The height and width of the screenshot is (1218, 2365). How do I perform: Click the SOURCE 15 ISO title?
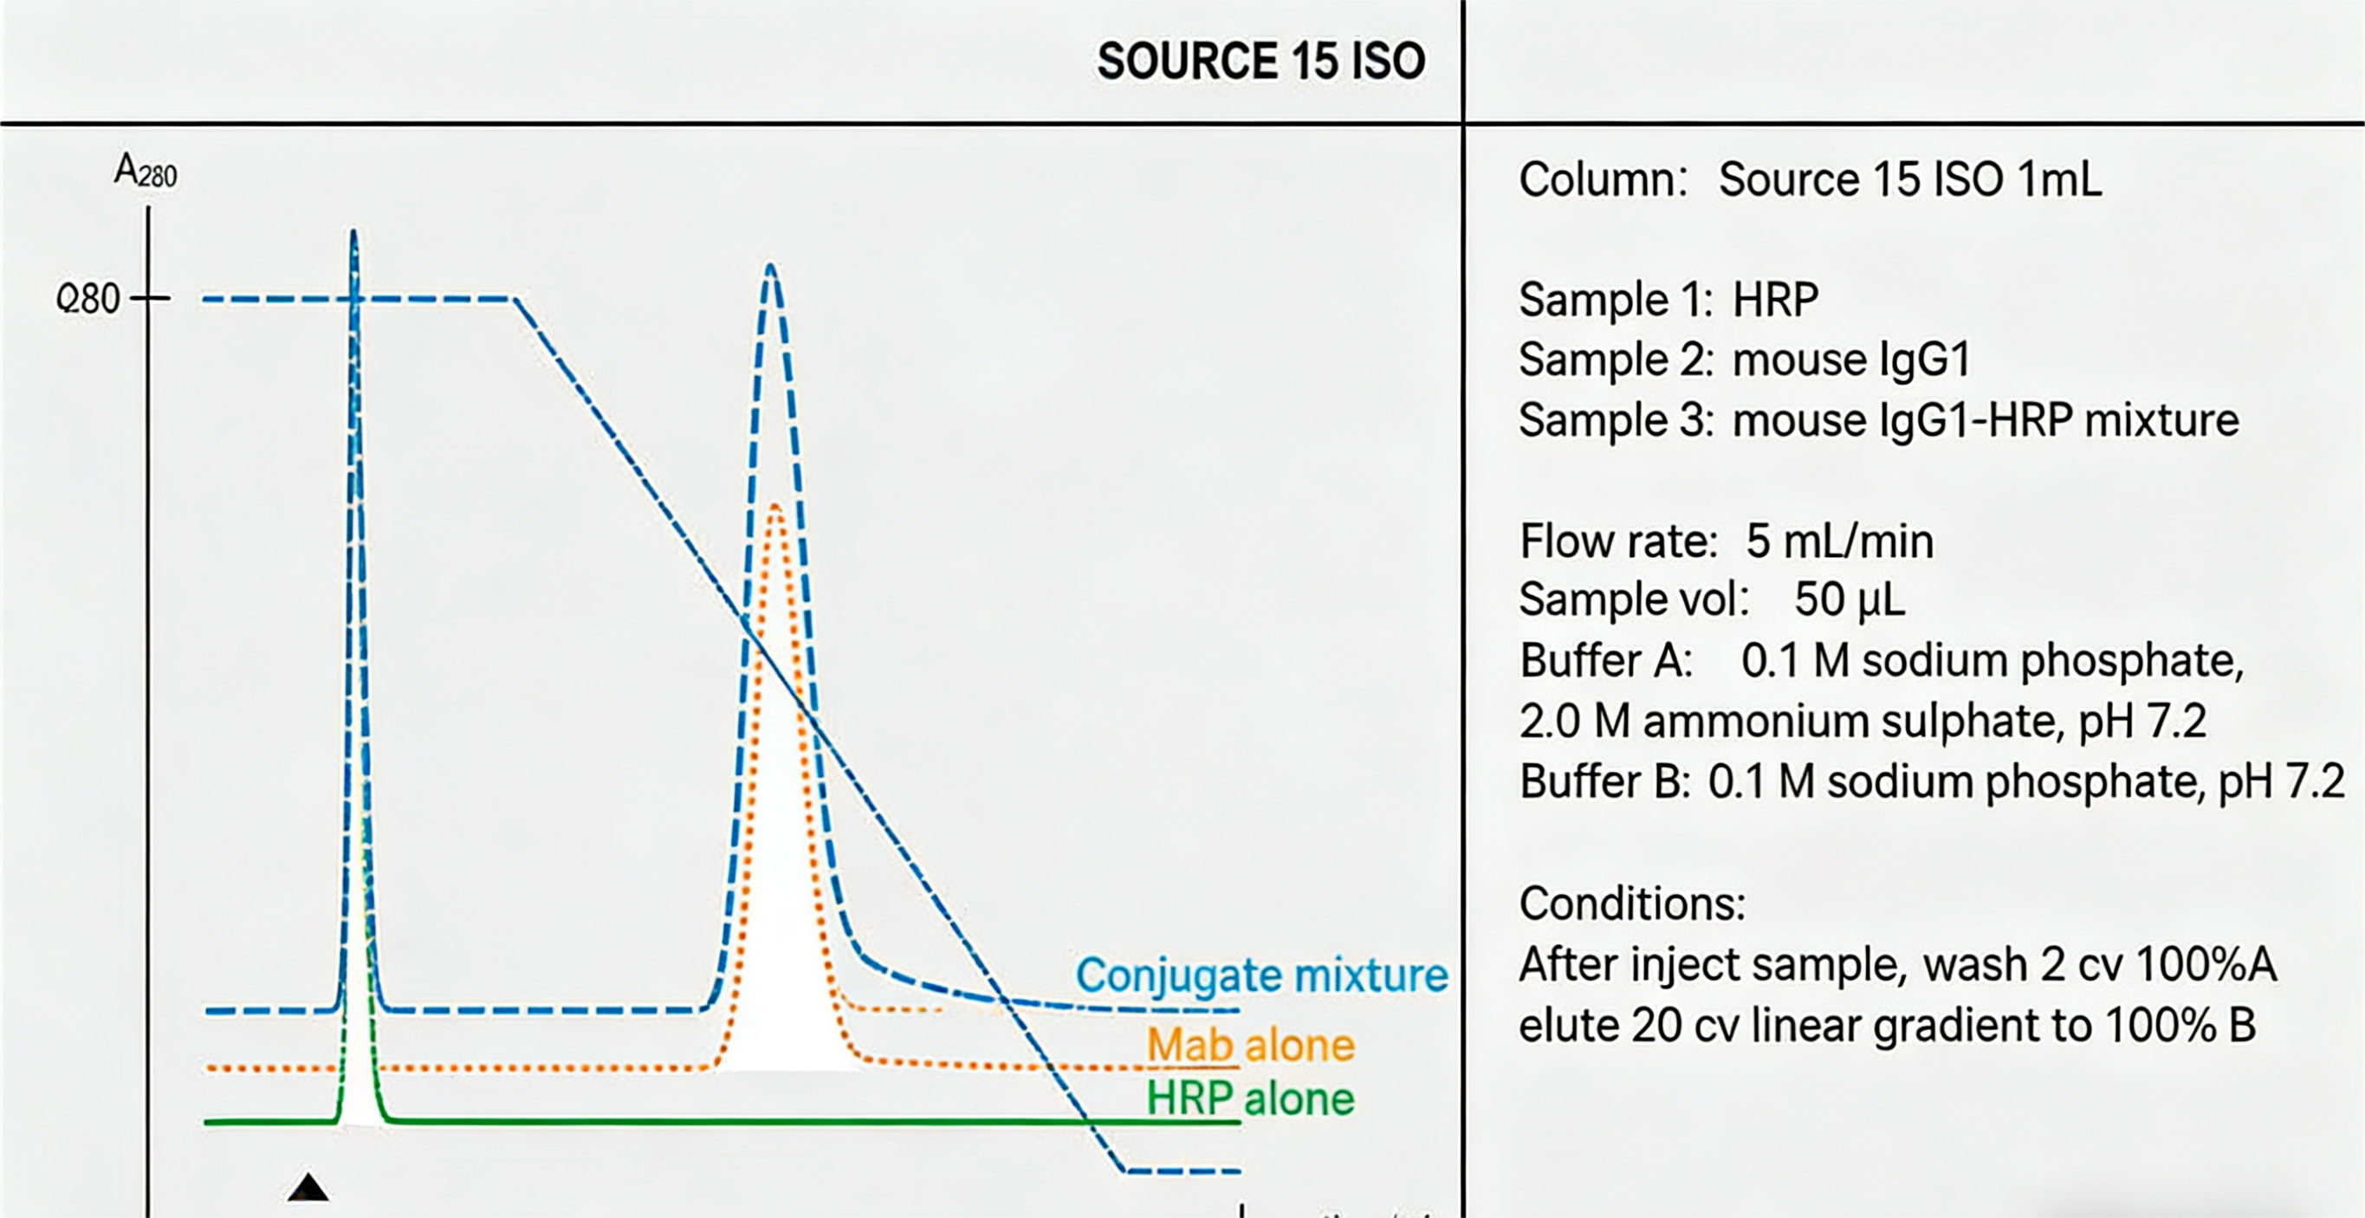[1260, 62]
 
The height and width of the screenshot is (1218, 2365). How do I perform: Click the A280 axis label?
[145, 172]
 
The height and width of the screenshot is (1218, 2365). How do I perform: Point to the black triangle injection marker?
[308, 1188]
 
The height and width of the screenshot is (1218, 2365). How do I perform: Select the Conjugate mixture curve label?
[1261, 975]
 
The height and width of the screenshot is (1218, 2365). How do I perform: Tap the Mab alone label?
[1250, 1046]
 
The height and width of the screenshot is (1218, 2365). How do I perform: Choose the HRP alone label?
[1250, 1098]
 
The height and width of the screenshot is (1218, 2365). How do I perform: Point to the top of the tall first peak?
[353, 231]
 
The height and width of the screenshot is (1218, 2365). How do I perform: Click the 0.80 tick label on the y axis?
[88, 299]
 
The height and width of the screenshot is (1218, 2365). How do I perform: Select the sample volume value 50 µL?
[1849, 599]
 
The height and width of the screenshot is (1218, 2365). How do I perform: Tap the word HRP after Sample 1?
[1775, 299]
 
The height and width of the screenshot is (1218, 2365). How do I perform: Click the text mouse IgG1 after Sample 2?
[1851, 359]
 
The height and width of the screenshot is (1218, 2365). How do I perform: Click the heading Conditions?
[1631, 904]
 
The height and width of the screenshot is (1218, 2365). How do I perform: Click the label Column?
[1602, 179]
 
